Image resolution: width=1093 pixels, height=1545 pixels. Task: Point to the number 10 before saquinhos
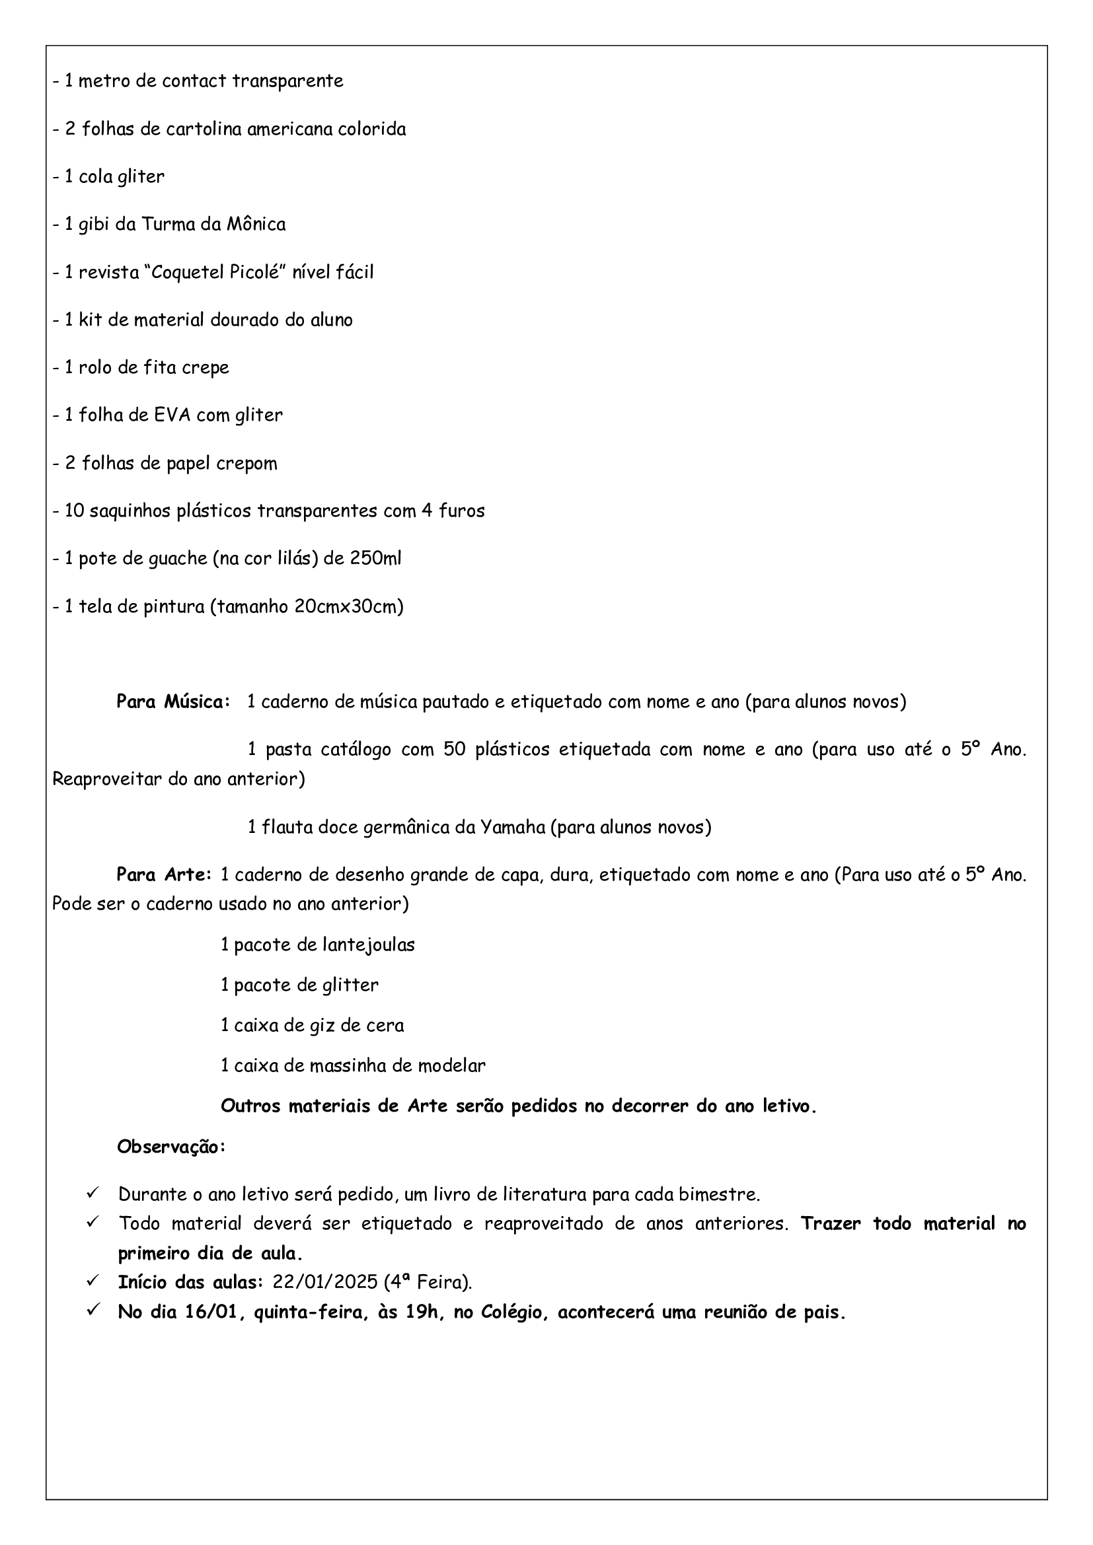point(74,511)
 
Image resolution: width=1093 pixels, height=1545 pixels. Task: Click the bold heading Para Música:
point(173,702)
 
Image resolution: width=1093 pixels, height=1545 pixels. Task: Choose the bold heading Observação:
point(171,1147)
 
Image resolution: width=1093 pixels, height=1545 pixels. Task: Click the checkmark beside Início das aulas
point(93,1281)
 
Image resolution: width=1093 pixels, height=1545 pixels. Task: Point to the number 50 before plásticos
point(454,750)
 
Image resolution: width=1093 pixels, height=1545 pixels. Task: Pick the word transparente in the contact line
point(287,81)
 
